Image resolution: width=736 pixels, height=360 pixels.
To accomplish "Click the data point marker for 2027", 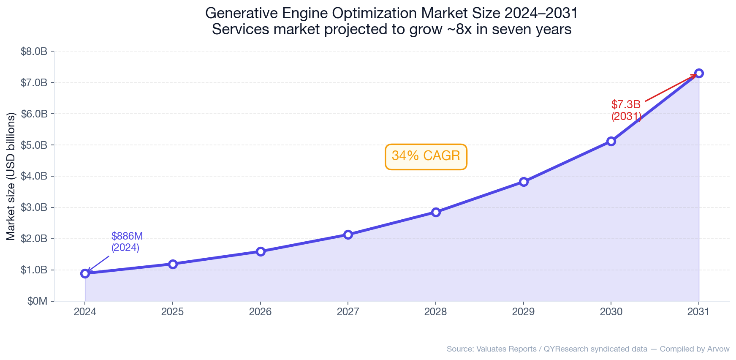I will tap(348, 235).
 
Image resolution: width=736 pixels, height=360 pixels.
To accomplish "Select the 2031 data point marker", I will tap(699, 73).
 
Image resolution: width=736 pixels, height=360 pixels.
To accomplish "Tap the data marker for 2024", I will tap(85, 273).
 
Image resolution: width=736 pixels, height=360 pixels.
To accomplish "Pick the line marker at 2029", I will tap(524, 182).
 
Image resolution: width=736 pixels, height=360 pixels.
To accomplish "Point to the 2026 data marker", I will tap(261, 251).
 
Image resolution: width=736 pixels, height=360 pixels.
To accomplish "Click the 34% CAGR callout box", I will tap(426, 156).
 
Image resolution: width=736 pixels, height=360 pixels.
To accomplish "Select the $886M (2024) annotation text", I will tap(127, 242).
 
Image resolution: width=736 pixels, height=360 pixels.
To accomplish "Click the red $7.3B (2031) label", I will tap(626, 110).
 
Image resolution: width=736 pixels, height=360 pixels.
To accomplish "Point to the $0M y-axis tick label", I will tap(37, 301).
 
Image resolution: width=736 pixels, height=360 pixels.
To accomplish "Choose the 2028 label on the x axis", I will tap(436, 312).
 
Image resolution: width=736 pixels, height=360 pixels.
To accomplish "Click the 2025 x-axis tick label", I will tap(173, 312).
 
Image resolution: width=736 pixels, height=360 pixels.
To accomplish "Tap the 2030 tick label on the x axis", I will tap(611, 312).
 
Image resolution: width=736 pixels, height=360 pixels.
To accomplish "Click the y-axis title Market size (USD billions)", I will tap(11, 176).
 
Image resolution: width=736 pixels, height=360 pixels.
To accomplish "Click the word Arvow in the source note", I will tap(719, 349).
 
